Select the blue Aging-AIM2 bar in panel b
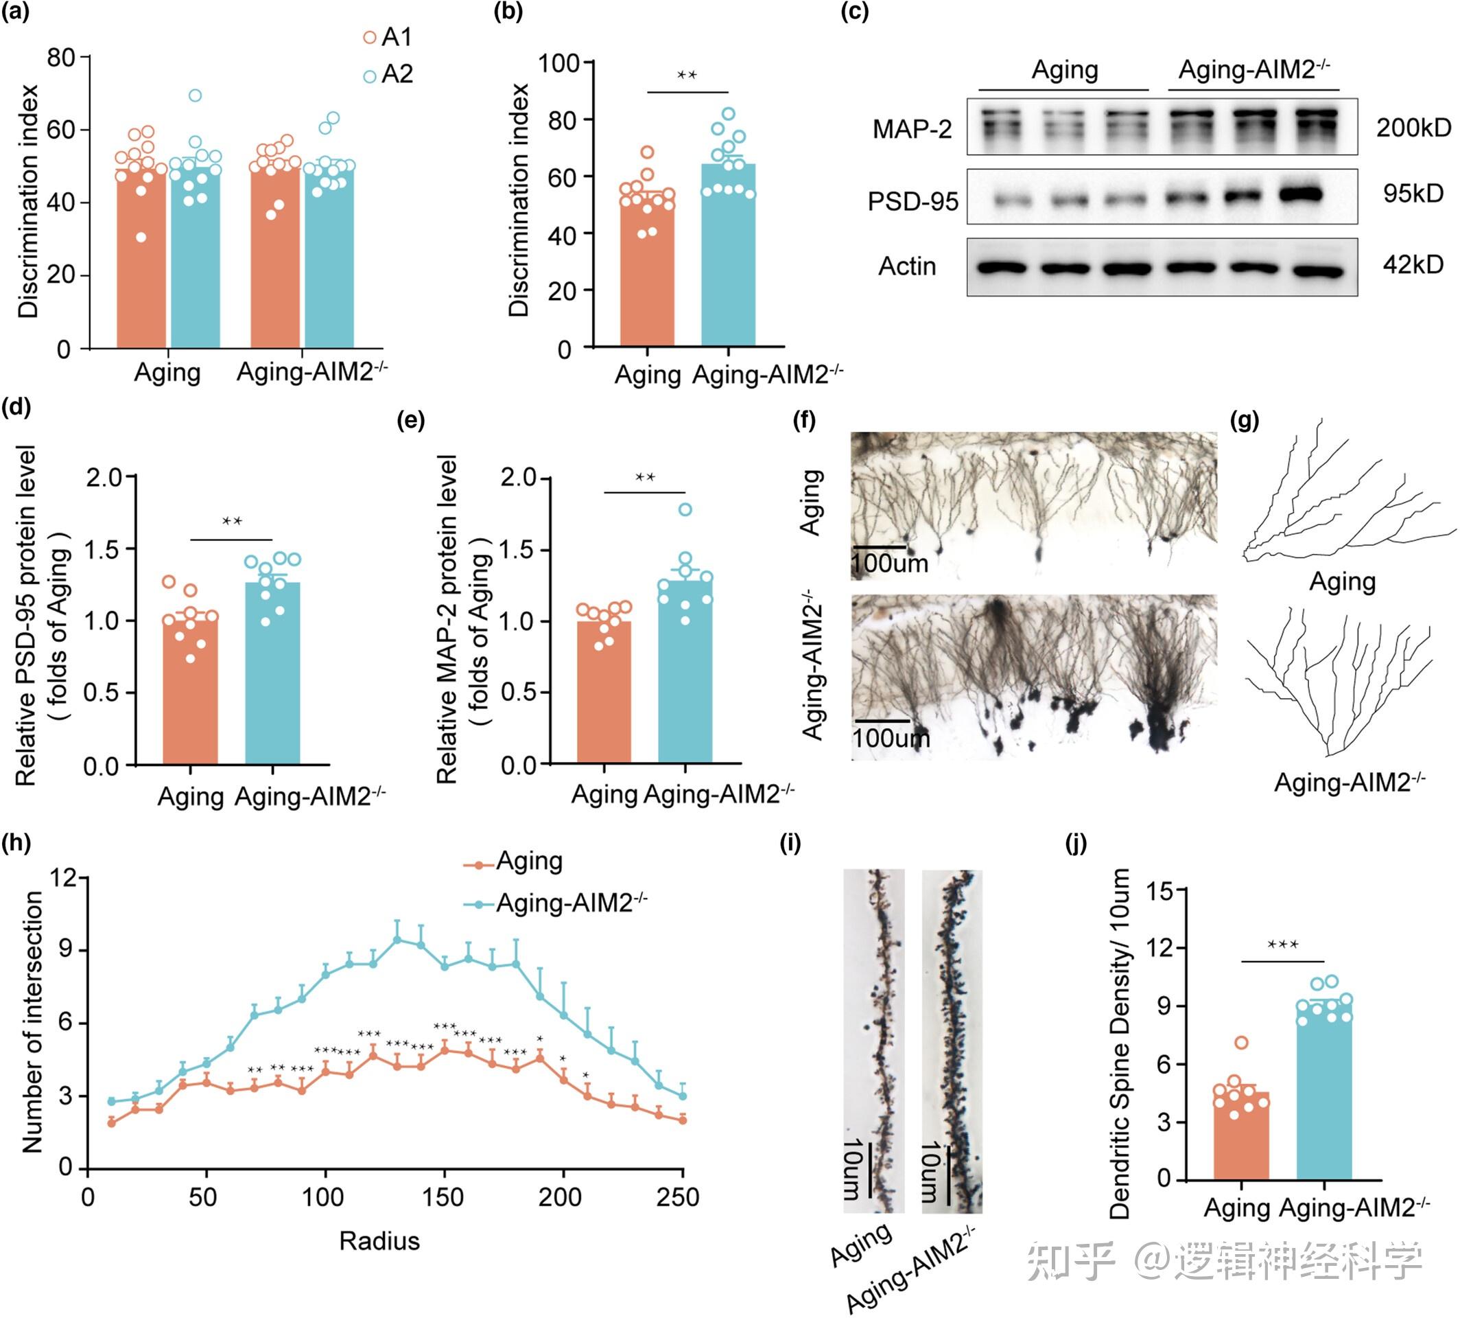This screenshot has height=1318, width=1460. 727,261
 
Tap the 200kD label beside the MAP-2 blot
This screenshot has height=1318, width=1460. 1413,128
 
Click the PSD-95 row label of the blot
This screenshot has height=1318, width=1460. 912,200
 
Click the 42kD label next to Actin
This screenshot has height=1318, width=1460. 1412,264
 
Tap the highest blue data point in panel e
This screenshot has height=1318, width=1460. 685,510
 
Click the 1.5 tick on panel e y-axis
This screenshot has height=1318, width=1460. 518,549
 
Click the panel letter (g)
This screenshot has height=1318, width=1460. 1244,420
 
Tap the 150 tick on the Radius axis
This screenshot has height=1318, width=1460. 443,1197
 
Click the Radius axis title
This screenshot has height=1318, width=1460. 379,1240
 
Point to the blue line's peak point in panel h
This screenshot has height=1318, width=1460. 397,939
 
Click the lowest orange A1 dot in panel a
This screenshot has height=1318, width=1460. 141,238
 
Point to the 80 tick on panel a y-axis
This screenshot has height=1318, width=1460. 61,56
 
